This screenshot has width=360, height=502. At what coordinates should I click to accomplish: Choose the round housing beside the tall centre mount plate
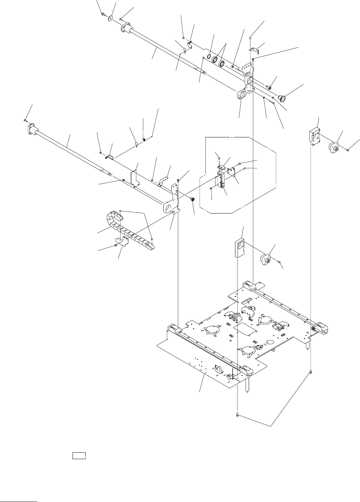(265, 258)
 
